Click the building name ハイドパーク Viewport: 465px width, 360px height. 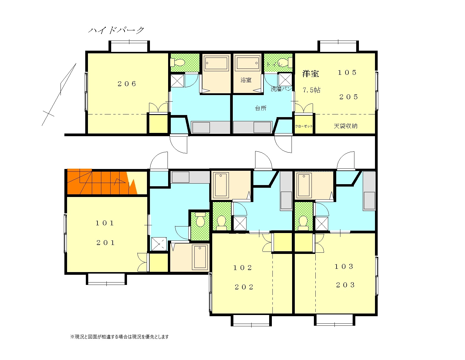[x=116, y=30]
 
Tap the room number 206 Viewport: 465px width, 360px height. [x=127, y=84]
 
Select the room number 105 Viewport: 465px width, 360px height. [x=347, y=72]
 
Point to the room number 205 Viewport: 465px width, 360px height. [x=348, y=97]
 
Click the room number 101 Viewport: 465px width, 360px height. [x=105, y=223]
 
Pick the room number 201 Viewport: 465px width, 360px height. [x=106, y=243]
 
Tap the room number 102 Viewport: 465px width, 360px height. [x=243, y=268]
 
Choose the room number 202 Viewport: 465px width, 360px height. [x=244, y=287]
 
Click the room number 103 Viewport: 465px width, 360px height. [x=344, y=266]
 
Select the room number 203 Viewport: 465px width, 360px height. [x=345, y=285]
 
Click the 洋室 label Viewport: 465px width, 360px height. [x=311, y=74]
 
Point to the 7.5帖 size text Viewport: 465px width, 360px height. [x=311, y=90]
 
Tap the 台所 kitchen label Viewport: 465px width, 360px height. [x=261, y=108]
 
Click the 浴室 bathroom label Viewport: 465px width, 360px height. [x=246, y=80]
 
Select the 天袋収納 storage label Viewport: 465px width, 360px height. [x=345, y=126]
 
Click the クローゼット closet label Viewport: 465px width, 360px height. [x=304, y=126]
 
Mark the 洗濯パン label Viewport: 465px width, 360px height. [x=281, y=89]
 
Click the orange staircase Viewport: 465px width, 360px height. [x=102, y=181]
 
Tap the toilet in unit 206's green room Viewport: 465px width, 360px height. [x=177, y=63]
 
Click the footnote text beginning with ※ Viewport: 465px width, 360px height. [x=120, y=337]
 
